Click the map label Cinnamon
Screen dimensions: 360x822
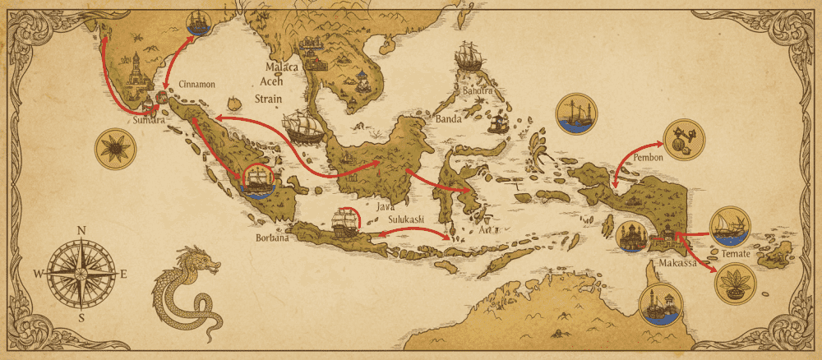click(x=196, y=84)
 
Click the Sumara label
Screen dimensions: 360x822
click(x=149, y=120)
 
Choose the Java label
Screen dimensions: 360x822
click(x=385, y=207)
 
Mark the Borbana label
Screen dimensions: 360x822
click(x=272, y=239)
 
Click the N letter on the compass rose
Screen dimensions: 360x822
click(x=81, y=231)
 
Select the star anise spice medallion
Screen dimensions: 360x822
click(x=113, y=149)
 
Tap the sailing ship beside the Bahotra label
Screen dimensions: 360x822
click(x=468, y=57)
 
